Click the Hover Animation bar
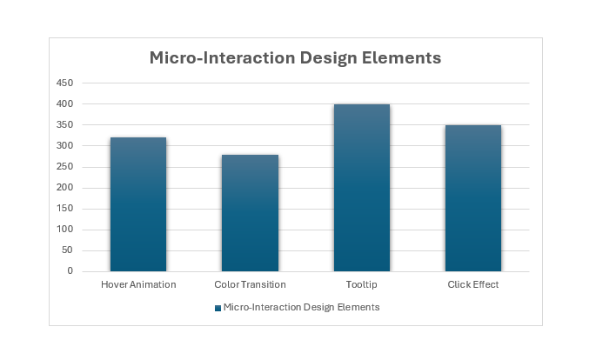pos(138,204)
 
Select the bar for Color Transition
pos(250,213)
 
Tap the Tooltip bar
pos(362,188)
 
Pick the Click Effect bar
pos(473,198)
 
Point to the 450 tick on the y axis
pos(64,83)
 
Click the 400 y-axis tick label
pos(64,103)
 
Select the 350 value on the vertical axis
pos(64,124)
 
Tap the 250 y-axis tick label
pos(64,167)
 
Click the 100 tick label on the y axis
pos(64,230)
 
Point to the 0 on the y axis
pos(70,271)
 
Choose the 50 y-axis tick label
pos(67,250)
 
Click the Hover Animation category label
pos(138,285)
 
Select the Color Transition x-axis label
pos(250,285)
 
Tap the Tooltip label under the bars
pos(361,285)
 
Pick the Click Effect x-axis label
pos(473,285)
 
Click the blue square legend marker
pos(218,308)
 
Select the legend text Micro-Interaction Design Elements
pos(301,307)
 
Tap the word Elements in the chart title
pos(401,57)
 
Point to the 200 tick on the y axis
pos(64,188)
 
